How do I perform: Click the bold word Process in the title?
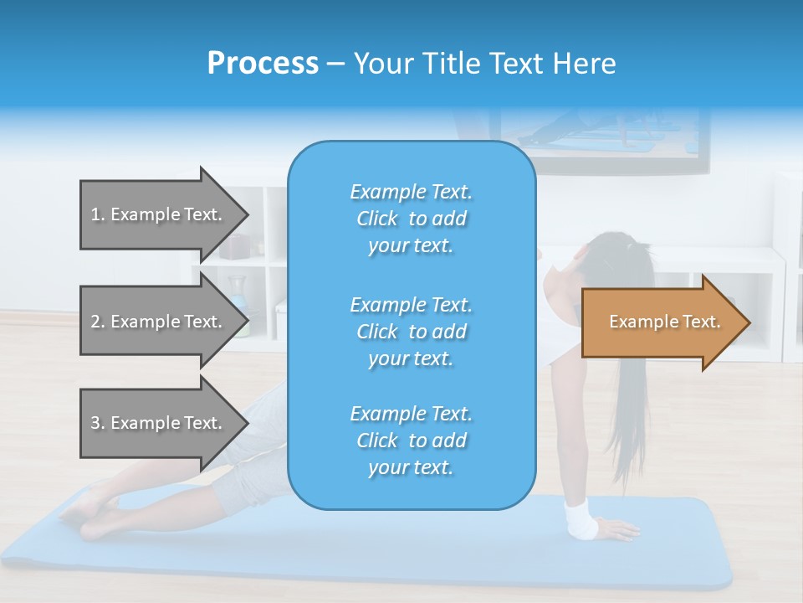point(263,64)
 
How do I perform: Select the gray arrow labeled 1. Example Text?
point(159,214)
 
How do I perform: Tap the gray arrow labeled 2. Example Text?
point(159,322)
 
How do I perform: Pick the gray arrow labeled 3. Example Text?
point(159,423)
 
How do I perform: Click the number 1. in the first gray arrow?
point(98,214)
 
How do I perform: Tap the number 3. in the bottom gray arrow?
point(98,423)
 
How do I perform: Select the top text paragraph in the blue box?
point(411,219)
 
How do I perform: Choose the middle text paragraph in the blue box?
point(411,331)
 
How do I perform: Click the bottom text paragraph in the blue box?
point(411,441)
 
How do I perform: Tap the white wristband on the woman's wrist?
point(581,518)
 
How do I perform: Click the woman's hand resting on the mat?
point(617,529)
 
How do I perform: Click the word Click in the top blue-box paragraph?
point(376,219)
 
